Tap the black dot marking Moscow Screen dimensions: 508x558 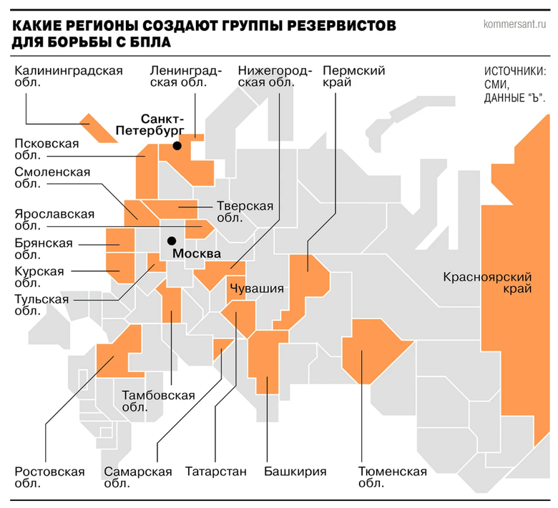(172, 241)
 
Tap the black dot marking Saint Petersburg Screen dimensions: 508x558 (177, 146)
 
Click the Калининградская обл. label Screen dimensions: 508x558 (68, 77)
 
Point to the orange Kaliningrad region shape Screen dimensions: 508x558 (99, 128)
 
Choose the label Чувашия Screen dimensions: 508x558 (257, 289)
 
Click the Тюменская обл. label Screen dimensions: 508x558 (392, 477)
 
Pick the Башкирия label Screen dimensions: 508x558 (295, 472)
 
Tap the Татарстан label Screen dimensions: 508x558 (215, 472)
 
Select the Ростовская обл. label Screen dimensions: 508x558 (49, 477)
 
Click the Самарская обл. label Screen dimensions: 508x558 (138, 477)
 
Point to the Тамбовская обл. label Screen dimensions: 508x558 (159, 401)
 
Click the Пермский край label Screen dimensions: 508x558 (354, 77)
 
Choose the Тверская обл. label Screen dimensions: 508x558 (245, 212)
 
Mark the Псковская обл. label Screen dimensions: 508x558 (46, 150)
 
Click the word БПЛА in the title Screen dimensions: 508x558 (149, 42)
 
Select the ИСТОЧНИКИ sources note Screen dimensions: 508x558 (515, 85)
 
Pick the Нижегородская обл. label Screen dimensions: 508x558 (275, 77)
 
